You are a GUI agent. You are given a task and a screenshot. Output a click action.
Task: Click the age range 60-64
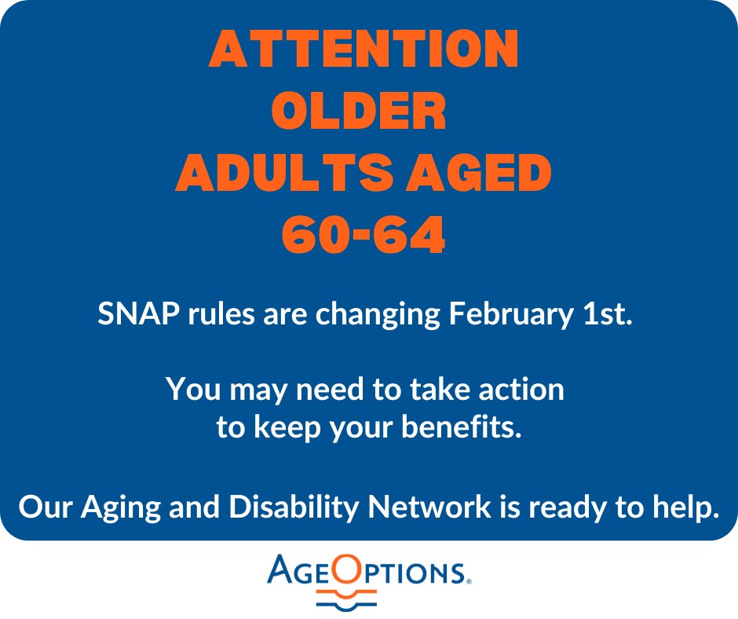point(364,237)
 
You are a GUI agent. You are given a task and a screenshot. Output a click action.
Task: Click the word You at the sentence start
point(189,390)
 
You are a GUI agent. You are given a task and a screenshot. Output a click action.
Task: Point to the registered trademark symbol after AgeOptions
point(468,582)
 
